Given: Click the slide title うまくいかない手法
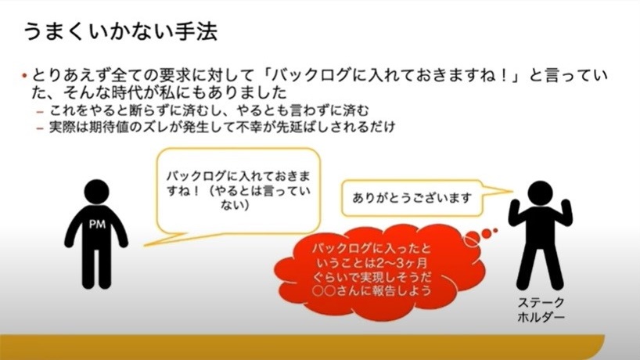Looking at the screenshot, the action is pos(120,31).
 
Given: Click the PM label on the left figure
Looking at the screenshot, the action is pos(97,224).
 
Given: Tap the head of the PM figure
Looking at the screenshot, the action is pos(97,192).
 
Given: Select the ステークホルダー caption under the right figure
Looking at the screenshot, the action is pos(541,310).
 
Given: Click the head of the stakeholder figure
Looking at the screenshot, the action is pos(540,193).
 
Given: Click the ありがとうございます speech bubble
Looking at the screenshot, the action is pos(412,198).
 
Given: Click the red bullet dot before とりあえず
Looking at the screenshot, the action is pos(24,76).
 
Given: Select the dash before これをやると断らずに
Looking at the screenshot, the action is pos(40,112).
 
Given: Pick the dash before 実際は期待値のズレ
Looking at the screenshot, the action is pos(40,128).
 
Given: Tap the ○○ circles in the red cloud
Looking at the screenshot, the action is pos(324,291).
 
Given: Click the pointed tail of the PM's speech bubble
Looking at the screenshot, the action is pos(146,245).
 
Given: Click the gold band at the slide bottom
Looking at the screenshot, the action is pos(302,347).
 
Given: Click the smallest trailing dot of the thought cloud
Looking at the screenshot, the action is pos(495,231).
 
